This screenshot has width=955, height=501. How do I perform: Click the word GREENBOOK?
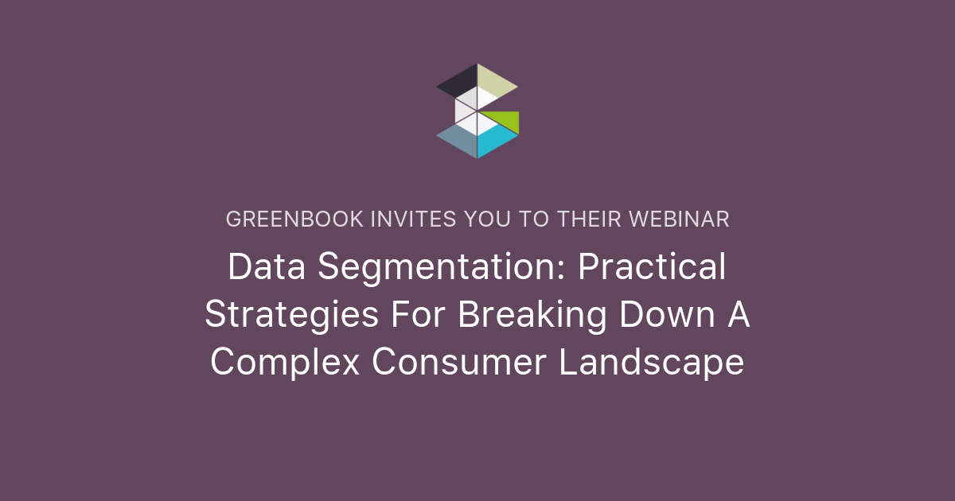pos(293,219)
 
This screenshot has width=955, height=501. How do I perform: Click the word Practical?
pos(652,267)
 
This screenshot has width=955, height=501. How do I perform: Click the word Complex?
pos(284,363)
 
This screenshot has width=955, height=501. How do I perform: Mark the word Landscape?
pos(651,363)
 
